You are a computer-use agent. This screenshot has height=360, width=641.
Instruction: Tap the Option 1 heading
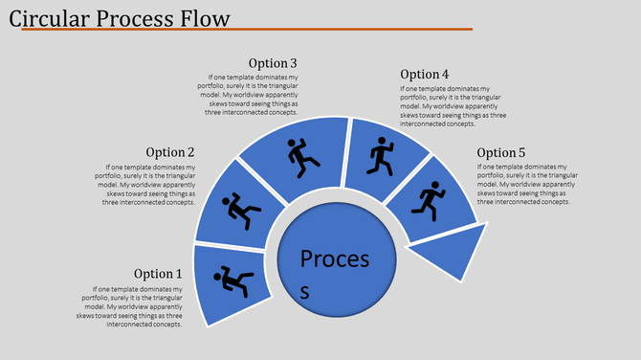click(157, 274)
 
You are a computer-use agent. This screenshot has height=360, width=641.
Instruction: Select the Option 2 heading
click(170, 152)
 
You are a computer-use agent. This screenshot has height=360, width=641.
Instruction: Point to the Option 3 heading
click(273, 64)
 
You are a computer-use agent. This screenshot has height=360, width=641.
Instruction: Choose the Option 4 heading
click(424, 75)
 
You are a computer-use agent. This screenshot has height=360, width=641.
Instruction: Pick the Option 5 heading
click(501, 152)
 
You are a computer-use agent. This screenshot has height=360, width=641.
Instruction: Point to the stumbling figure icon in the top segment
click(303, 156)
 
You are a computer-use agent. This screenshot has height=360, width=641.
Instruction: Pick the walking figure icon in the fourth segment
click(381, 155)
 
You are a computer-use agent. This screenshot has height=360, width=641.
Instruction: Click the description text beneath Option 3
click(253, 95)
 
